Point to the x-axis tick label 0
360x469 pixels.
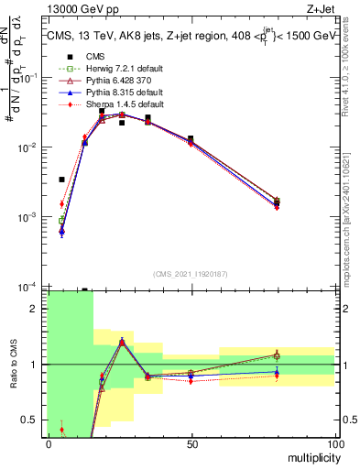pyautogui.click(x=48, y=442)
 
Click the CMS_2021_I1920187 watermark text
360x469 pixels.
pyautogui.click(x=191, y=274)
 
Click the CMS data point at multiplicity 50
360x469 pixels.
pyautogui.click(x=191, y=138)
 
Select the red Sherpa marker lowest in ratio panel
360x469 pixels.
pyautogui.click(x=61, y=430)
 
